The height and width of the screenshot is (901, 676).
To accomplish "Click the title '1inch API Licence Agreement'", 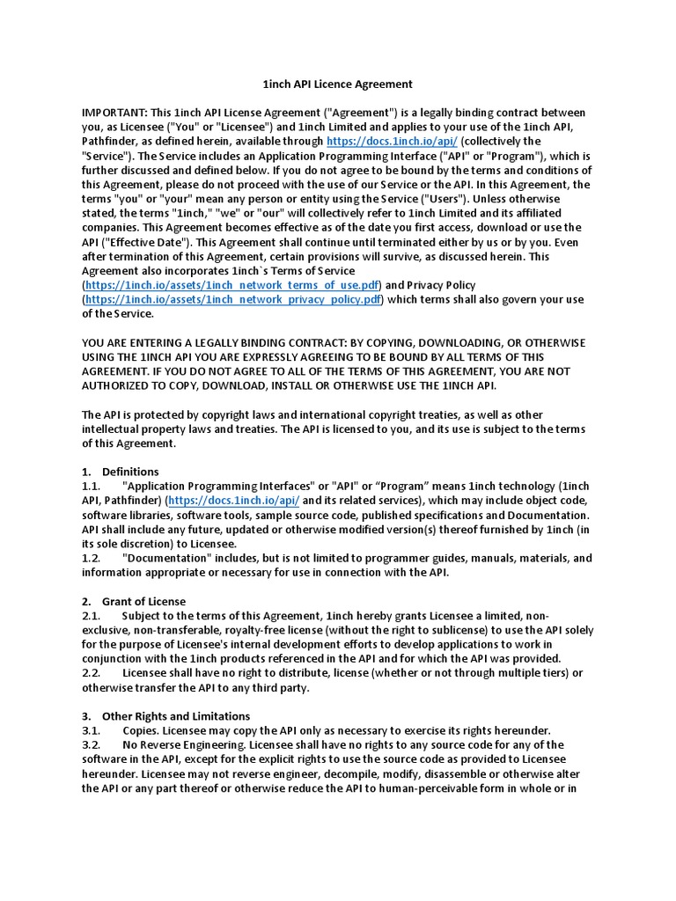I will coord(338,84).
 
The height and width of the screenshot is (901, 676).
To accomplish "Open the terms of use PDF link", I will coord(231,285).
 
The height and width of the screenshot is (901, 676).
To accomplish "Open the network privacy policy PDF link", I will coord(233,299).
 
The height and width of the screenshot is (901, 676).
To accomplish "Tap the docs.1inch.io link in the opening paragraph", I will coord(392,141).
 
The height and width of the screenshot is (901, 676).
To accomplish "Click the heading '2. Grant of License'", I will coord(133,601).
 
